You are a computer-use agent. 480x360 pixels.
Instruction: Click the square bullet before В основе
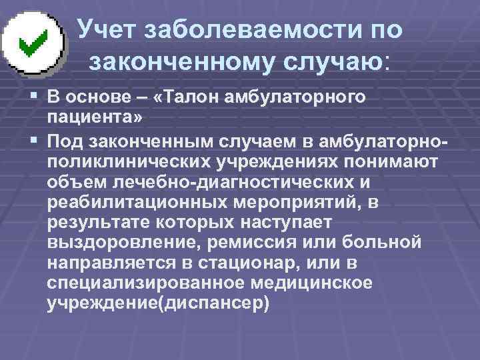(33, 98)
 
